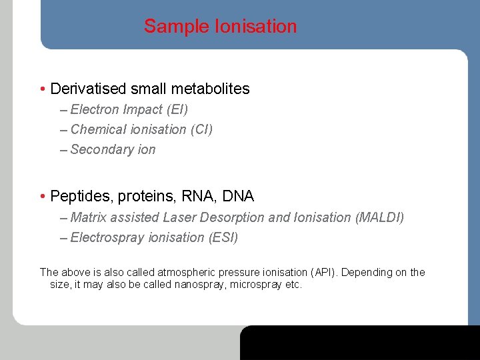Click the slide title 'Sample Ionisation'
pyautogui.click(x=220, y=27)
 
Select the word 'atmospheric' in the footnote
pyautogui.click(x=189, y=272)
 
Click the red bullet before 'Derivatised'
pyautogui.click(x=43, y=89)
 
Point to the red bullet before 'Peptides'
pyautogui.click(x=43, y=197)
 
